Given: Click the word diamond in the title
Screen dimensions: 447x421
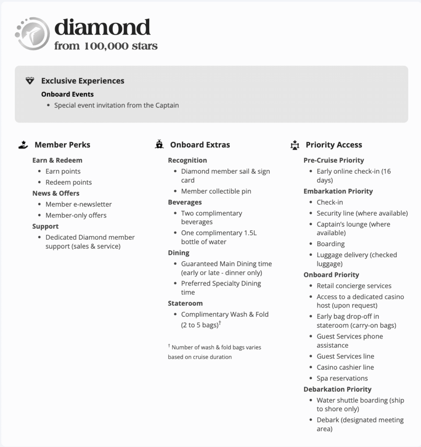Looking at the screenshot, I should (x=102, y=28).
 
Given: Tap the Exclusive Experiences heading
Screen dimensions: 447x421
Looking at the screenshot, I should (x=83, y=81).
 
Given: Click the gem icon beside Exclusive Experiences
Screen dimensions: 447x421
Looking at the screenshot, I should (x=30, y=81).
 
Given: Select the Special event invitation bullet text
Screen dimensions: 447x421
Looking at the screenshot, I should (x=116, y=105).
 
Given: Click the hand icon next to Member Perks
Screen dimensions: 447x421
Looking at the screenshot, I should (x=23, y=145).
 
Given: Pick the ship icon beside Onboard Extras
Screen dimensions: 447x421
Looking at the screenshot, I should (x=159, y=145).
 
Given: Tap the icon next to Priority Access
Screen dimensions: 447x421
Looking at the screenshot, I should (x=295, y=145).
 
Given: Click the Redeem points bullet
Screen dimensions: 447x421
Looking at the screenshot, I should (x=69, y=182).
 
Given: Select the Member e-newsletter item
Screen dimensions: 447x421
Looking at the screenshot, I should (x=79, y=204).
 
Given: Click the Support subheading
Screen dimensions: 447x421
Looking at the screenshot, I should (x=46, y=227).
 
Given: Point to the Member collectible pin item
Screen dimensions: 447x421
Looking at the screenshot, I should (x=216, y=191).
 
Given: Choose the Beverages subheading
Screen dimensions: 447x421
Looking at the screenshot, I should (x=185, y=203).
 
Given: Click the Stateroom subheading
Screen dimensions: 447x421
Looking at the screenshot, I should (x=185, y=304).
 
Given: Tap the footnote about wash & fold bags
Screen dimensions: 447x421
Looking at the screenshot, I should (x=214, y=352).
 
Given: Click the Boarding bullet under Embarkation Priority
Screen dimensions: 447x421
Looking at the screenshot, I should (x=331, y=244).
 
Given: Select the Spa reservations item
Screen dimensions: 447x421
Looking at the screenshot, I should (x=342, y=378).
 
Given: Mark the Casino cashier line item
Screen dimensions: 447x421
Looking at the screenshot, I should (x=345, y=367).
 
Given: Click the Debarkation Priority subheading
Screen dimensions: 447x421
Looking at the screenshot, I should (x=337, y=389).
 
